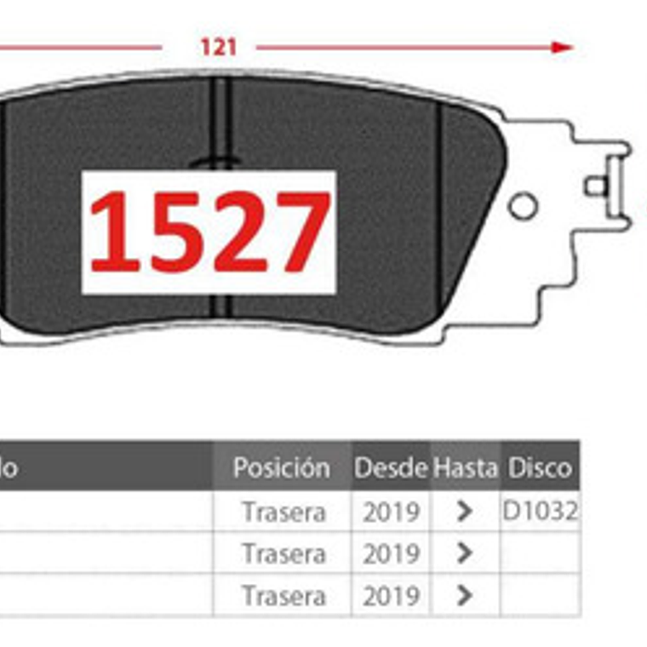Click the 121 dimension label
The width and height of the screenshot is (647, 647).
218,47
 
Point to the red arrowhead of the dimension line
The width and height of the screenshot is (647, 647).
563,47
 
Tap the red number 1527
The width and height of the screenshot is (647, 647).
209,232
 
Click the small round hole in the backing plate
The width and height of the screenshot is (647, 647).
522,205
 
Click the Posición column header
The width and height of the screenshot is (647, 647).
281,467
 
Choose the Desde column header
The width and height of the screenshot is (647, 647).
391,467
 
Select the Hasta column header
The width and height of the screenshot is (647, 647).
465,467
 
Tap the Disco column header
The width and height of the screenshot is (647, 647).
540,467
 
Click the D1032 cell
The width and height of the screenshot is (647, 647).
541,511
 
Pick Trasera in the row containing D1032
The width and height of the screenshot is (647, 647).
283,512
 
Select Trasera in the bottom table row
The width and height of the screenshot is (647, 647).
283,596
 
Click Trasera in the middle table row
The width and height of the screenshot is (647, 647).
283,554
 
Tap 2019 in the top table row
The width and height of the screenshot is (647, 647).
391,512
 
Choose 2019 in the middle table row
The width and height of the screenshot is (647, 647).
391,554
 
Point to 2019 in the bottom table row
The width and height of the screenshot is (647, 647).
391,596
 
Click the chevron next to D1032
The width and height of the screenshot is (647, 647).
464,511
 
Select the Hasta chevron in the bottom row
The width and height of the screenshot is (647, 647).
464,595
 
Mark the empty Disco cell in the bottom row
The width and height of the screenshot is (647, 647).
540,595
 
